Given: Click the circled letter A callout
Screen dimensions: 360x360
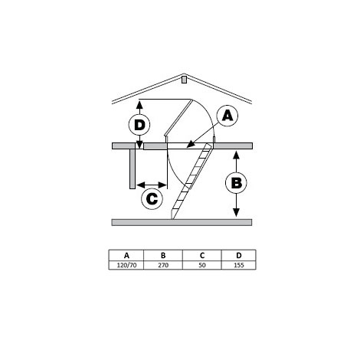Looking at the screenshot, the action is click(x=227, y=116).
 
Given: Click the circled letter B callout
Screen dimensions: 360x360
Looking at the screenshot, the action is click(x=236, y=183).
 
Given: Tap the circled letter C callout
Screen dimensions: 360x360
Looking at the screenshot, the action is click(x=152, y=199).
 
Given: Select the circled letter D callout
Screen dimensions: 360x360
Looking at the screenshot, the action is click(x=139, y=125).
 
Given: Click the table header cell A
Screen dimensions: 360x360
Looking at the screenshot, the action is click(x=126, y=256).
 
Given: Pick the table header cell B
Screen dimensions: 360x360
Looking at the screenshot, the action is click(x=163, y=256).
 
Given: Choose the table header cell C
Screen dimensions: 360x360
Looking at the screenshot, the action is click(x=202, y=256).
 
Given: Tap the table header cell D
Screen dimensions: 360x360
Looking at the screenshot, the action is click(x=238, y=256).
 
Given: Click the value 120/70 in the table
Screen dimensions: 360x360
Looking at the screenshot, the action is click(x=126, y=265).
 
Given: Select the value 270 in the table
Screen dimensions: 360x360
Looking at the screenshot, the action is click(x=163, y=265).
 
